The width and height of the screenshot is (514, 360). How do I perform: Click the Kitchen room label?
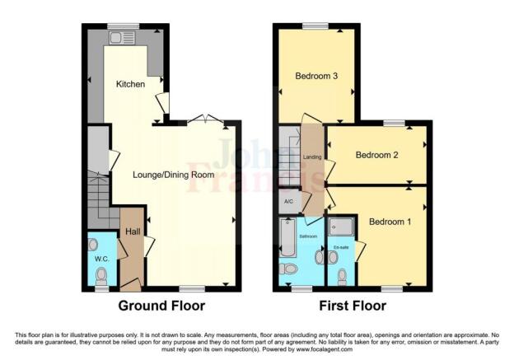pos(130,84)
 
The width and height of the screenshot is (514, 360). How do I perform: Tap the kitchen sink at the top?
pos(124,36)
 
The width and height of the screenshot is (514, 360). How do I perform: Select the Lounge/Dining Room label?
pos(174,175)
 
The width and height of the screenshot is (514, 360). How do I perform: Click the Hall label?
pos(132,231)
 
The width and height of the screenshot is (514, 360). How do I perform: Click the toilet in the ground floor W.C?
pos(94,245)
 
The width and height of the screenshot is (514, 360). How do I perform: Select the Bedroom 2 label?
pos(377,155)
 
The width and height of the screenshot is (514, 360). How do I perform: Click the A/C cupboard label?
pos(287,201)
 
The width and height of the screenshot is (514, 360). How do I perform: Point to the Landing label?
pos(312,157)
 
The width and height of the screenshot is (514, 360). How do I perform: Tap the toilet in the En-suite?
pos(342,276)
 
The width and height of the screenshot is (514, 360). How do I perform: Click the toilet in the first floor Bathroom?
pos(289,269)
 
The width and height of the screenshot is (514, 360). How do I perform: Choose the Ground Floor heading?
pos(161,306)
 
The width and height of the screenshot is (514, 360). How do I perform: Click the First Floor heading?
pos(353,306)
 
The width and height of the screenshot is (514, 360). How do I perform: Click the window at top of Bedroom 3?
pos(315,26)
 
